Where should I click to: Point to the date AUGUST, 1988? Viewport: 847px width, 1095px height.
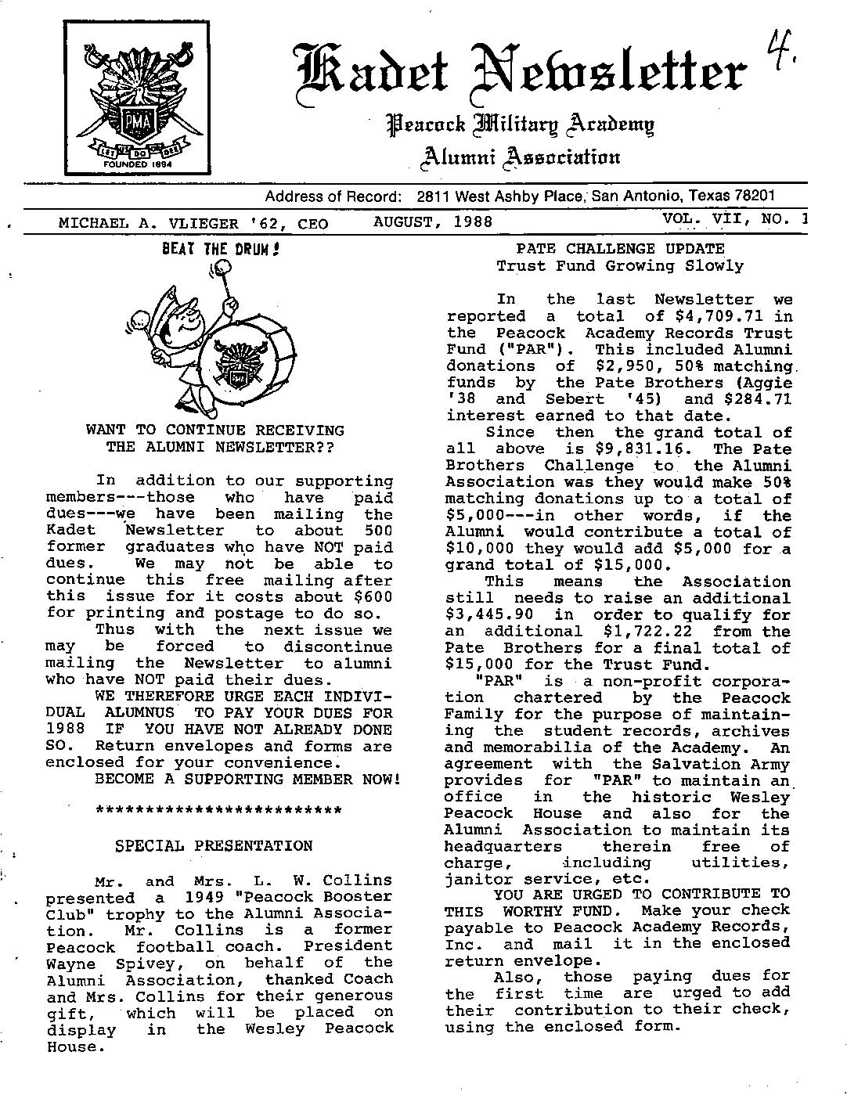click(433, 222)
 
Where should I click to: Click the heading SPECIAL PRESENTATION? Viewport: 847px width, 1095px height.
click(214, 846)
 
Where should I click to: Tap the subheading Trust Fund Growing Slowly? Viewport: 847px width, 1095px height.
click(619, 266)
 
